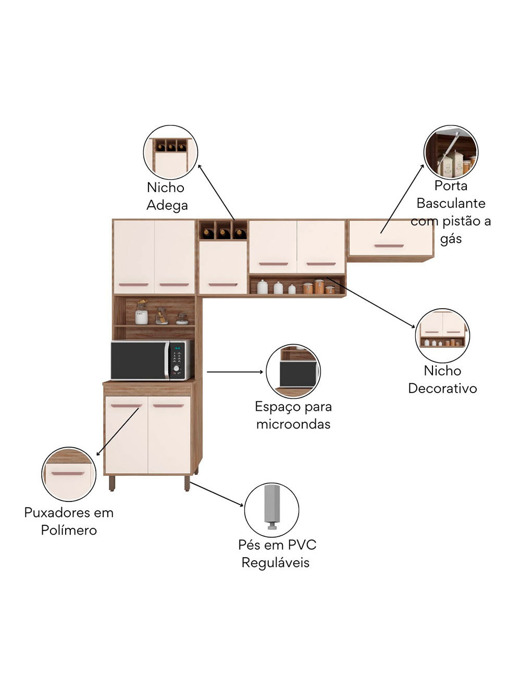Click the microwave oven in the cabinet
click(x=152, y=360)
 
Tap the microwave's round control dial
click(x=177, y=369)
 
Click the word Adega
click(x=167, y=205)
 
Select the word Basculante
click(x=451, y=203)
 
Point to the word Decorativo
click(x=442, y=388)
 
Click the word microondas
click(x=293, y=424)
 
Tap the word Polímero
click(x=69, y=530)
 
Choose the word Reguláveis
click(x=275, y=563)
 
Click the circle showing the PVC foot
click(x=271, y=510)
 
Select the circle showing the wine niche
click(x=170, y=152)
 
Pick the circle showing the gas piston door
click(x=451, y=152)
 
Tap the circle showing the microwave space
click(x=293, y=371)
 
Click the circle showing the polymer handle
click(x=69, y=474)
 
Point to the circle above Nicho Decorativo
click(x=442, y=335)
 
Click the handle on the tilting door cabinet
click(x=389, y=246)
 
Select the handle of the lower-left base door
click(x=126, y=406)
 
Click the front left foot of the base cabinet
click(x=111, y=484)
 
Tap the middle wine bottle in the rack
click(x=224, y=233)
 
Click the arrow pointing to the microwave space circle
click(x=234, y=372)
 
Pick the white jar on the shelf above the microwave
click(x=141, y=316)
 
